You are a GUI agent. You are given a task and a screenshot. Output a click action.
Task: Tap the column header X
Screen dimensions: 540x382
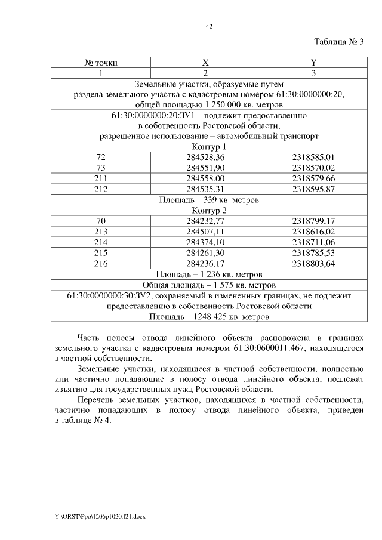205,63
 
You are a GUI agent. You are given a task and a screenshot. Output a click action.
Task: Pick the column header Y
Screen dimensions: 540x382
313,63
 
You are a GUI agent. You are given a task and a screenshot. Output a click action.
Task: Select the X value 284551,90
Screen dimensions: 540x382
205,168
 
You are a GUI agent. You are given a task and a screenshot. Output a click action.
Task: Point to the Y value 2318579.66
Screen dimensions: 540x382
313,178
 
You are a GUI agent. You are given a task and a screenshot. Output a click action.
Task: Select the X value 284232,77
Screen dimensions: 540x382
205,221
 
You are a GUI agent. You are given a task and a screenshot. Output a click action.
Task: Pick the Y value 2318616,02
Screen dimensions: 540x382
313,232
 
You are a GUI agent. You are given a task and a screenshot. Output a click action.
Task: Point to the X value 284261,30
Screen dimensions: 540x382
205,254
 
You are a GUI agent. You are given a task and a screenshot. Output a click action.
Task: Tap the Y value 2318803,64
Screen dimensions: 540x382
313,264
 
